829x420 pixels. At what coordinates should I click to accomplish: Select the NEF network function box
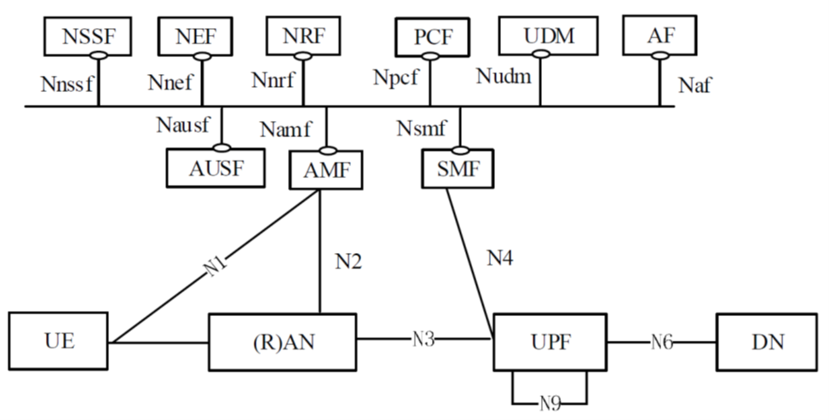197,37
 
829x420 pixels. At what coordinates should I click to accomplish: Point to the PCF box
432,37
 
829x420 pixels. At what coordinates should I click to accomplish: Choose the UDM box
548,37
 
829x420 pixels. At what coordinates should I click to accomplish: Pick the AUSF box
216,168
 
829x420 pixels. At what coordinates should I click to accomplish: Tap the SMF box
458,170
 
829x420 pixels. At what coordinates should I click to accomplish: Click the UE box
60,342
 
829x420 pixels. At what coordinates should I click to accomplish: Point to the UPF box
550,342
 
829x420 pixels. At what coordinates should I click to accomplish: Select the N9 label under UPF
550,400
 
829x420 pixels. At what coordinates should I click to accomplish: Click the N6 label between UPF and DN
662,342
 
